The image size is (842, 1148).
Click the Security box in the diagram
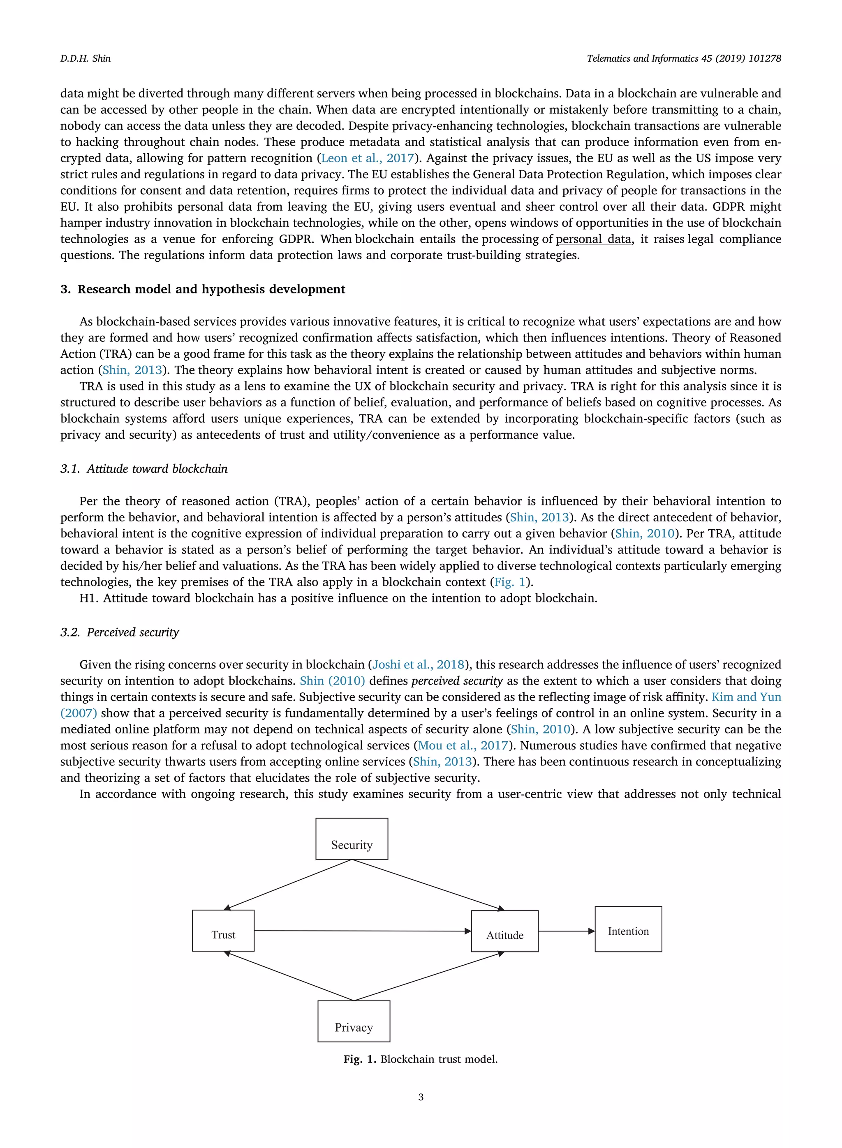(352, 839)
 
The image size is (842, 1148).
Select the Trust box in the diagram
(223, 931)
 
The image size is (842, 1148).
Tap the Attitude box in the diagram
(504, 931)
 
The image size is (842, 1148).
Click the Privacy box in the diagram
(354, 1021)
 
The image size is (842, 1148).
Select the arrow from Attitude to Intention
(566, 931)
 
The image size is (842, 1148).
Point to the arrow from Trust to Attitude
(362, 931)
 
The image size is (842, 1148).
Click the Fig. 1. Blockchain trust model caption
(421, 1059)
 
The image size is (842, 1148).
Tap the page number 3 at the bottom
(421, 1097)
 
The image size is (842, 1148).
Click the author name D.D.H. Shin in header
(85, 59)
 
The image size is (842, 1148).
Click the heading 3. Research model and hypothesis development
(202, 289)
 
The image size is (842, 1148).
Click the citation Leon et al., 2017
(367, 159)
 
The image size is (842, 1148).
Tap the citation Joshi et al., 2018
(419, 665)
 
